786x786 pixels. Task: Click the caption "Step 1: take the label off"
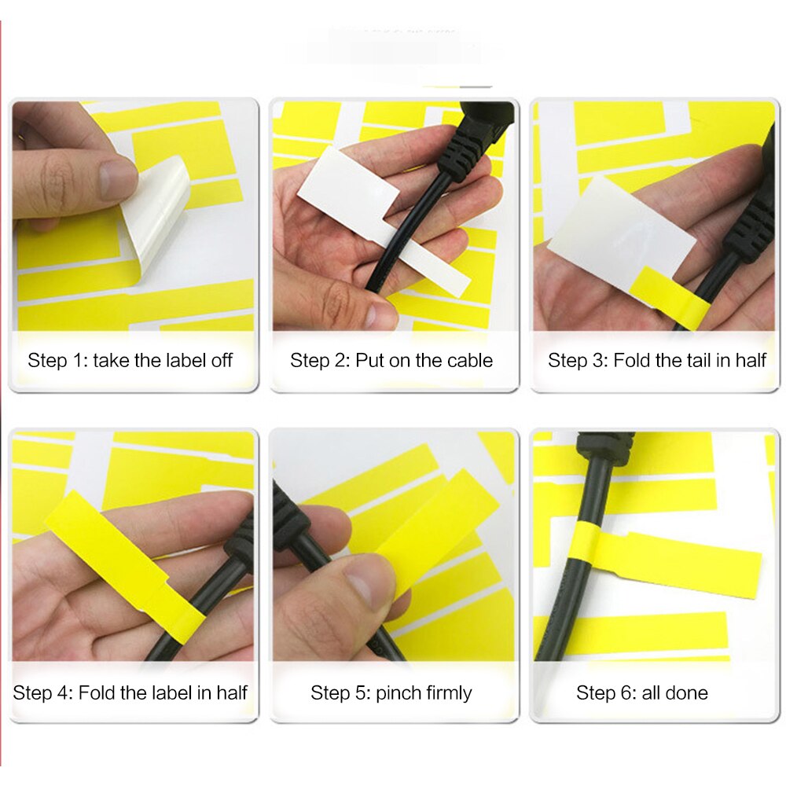click(x=130, y=361)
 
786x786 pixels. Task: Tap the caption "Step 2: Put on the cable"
click(x=391, y=361)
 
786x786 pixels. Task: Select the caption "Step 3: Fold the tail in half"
click(x=656, y=361)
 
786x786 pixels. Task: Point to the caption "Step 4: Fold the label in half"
click(x=130, y=692)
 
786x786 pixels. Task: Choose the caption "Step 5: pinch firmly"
click(x=391, y=692)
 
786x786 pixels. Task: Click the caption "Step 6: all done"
click(x=641, y=692)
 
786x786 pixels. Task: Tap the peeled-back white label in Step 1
click(x=161, y=216)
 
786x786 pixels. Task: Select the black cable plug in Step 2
click(x=472, y=141)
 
